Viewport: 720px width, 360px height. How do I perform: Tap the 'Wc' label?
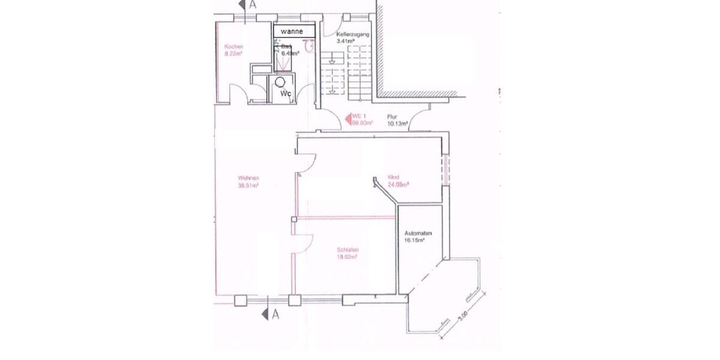point(287,94)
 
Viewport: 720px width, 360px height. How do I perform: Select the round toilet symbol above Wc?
point(280,81)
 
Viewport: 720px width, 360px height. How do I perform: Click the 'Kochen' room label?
point(233,47)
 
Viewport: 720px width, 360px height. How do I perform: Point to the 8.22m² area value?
point(233,53)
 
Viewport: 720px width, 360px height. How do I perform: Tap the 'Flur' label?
point(392,116)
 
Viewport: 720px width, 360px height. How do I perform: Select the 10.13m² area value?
point(398,124)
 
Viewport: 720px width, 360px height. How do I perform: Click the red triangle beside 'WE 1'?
point(346,119)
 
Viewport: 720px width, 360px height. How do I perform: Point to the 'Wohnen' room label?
point(248,178)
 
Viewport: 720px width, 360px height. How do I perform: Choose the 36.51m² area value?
point(248,185)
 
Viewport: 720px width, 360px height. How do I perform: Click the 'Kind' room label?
point(394,178)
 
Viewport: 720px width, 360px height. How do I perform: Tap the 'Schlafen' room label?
point(348,250)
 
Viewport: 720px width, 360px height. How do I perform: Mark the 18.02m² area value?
point(347,257)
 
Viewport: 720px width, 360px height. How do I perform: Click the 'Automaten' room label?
point(419,233)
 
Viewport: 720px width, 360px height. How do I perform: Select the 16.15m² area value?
point(415,240)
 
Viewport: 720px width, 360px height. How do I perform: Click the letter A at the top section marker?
point(253,5)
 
